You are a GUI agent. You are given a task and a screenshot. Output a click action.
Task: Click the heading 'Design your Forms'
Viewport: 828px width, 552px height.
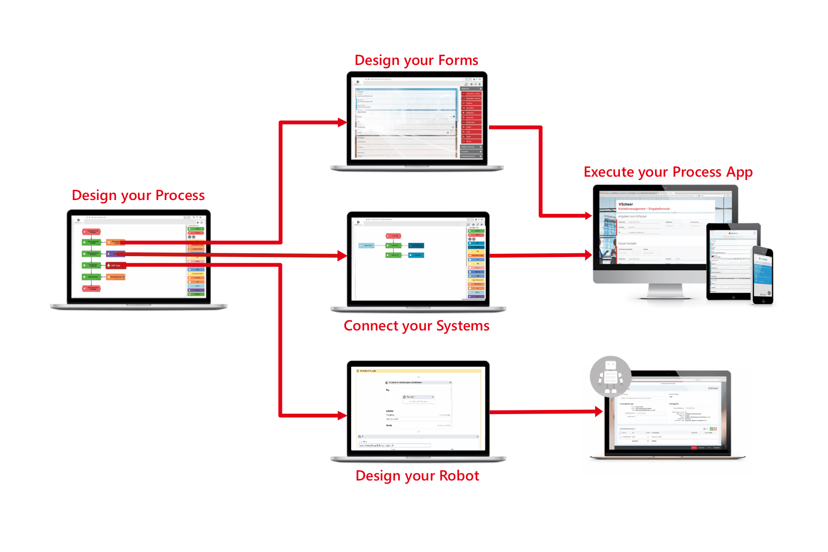(x=416, y=60)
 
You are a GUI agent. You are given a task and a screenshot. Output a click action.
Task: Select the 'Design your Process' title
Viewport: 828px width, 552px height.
(x=138, y=195)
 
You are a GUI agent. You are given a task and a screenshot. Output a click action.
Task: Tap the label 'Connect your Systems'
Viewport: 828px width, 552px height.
(x=416, y=326)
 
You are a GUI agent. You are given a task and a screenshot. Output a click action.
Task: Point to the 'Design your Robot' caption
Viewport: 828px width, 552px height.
(x=417, y=476)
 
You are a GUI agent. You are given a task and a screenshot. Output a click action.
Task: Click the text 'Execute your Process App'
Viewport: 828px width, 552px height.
(x=668, y=172)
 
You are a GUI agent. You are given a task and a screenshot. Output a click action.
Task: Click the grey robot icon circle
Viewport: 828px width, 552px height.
(x=610, y=377)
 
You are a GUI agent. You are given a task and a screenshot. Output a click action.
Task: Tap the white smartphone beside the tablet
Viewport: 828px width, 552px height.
(x=763, y=275)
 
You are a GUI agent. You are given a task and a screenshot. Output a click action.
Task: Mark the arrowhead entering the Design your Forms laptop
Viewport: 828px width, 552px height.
(x=343, y=122)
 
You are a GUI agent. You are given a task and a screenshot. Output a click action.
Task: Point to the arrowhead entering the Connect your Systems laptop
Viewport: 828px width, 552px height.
(x=343, y=255)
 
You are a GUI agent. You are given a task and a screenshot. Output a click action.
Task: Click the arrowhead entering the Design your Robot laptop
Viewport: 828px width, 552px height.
(x=343, y=416)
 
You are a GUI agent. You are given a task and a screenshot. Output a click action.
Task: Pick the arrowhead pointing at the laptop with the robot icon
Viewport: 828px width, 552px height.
(x=599, y=412)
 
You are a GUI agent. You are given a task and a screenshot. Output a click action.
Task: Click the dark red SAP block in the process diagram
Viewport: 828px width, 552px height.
(x=115, y=265)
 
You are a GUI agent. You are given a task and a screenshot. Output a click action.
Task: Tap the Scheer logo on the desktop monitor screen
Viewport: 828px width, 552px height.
(x=626, y=204)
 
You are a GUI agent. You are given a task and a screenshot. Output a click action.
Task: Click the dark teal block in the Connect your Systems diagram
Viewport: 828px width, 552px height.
(x=416, y=245)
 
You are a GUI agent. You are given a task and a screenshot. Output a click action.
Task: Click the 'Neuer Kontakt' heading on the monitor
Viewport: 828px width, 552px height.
(x=627, y=244)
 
